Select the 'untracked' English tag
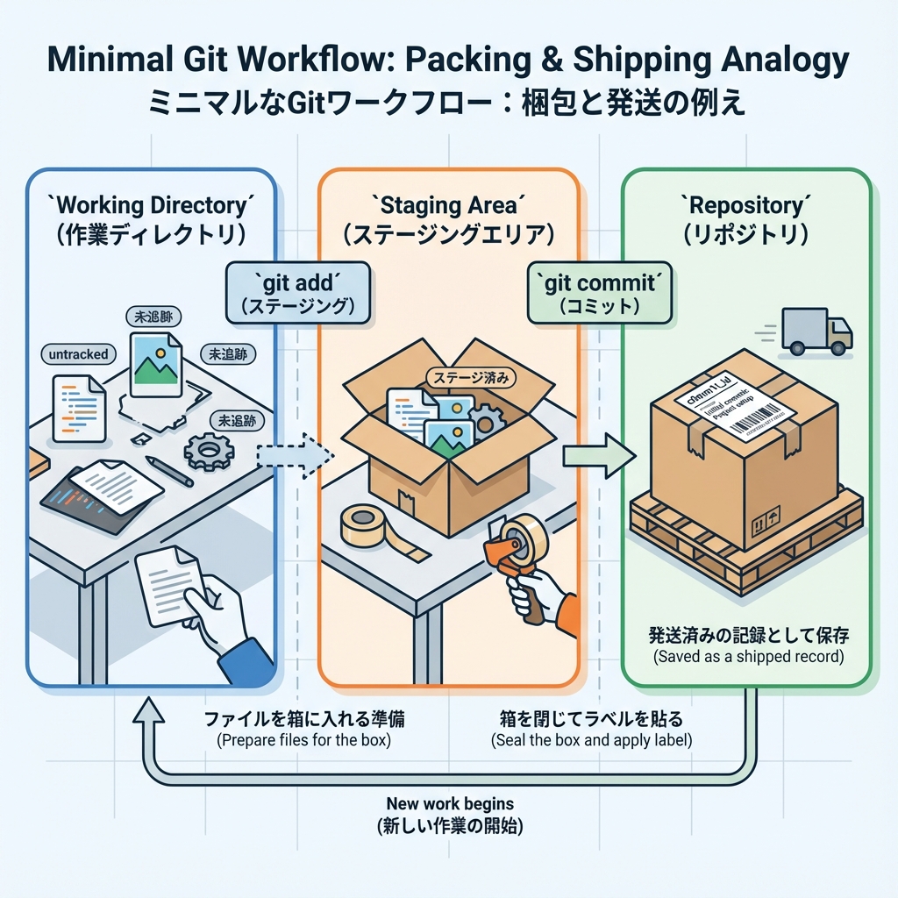(78, 354)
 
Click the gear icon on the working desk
(209, 453)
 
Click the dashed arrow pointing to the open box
(294, 454)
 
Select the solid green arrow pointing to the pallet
(597, 455)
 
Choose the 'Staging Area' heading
(448, 207)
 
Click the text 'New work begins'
(450, 803)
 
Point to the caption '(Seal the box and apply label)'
(592, 740)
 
